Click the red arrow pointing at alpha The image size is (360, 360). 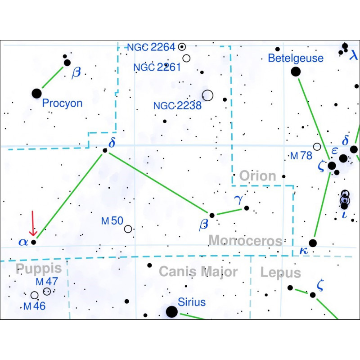33,223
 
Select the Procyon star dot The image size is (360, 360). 36,94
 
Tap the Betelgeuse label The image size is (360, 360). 296,58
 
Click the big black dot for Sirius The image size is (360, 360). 172,311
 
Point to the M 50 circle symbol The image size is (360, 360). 128,229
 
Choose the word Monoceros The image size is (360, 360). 245,241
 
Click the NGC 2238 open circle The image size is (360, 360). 207,95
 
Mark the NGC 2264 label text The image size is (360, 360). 151,47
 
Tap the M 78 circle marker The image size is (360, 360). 317,147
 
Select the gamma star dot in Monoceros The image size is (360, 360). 247,208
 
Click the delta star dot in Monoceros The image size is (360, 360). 105,150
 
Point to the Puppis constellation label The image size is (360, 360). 39,268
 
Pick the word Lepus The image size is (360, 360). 280,273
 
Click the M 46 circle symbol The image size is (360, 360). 35,295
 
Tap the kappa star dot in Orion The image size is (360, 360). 313,243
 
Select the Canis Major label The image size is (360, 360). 198,272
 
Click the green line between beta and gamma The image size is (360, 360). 229,212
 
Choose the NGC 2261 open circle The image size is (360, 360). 186,58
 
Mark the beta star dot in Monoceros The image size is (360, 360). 212,216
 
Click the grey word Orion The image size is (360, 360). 257,176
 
